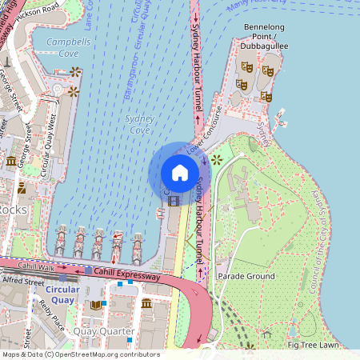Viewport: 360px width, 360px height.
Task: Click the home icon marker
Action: click(x=179, y=173)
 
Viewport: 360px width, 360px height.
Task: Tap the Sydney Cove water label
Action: click(x=140, y=124)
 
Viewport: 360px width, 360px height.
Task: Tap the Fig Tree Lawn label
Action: click(x=313, y=345)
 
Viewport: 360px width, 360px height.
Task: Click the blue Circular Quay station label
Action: click(x=62, y=294)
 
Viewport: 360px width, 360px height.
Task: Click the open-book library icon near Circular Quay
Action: click(x=97, y=305)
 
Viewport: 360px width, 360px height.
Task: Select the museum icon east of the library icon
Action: click(x=146, y=305)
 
